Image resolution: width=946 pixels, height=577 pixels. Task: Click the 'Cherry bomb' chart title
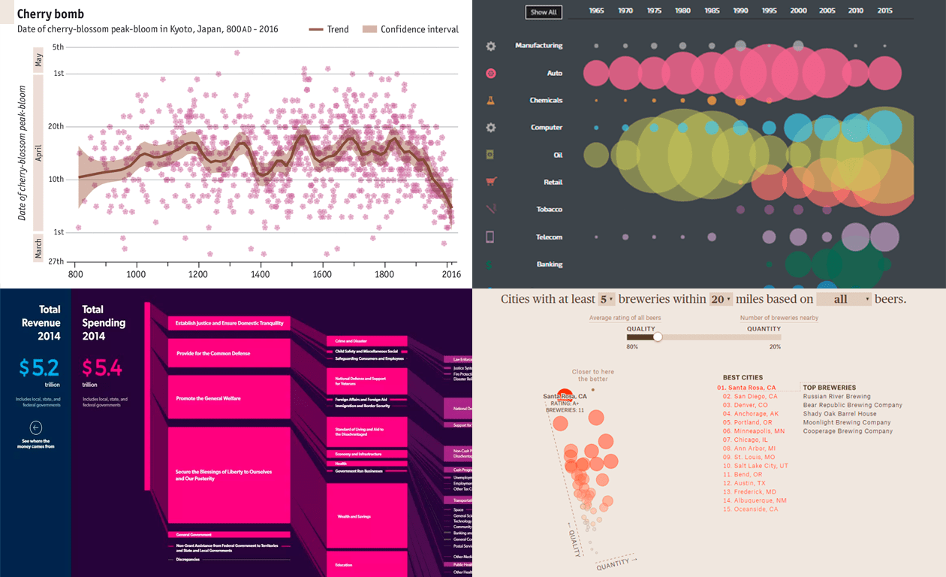50,14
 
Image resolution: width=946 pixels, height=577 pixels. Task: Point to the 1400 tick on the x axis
260,274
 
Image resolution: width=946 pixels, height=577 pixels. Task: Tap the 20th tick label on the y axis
56,126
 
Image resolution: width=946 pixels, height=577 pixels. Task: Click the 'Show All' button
543,12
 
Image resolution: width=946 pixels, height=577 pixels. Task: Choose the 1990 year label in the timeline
740,11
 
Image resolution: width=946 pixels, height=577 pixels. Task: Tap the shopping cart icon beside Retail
490,182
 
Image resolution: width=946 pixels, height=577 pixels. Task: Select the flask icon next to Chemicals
490,100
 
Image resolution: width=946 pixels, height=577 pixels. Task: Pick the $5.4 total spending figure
102,367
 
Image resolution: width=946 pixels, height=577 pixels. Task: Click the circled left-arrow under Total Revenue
35,428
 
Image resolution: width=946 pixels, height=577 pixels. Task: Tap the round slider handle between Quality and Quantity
658,337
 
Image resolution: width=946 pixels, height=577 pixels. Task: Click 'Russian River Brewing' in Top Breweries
836,396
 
